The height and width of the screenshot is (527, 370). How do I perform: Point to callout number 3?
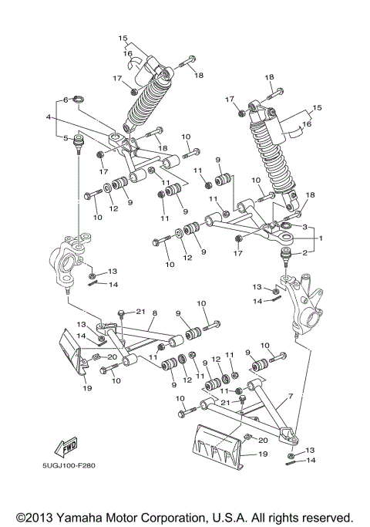[x=304, y=227]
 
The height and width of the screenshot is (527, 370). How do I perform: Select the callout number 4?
[x=48, y=118]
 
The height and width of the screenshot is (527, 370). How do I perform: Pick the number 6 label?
[x=66, y=99]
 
